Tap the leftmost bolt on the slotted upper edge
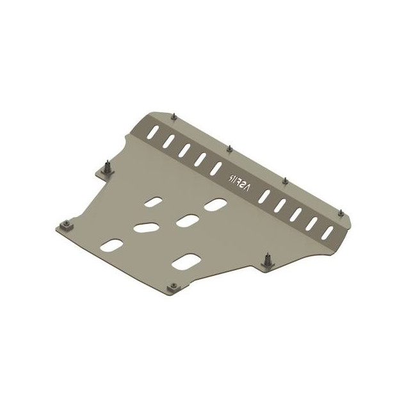pos(175,116)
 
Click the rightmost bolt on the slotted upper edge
pos(341,209)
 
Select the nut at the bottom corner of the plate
pos(172,289)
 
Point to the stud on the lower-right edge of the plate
pos(266,260)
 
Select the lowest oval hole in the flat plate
pos(184,262)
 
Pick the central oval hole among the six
pos(186,220)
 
